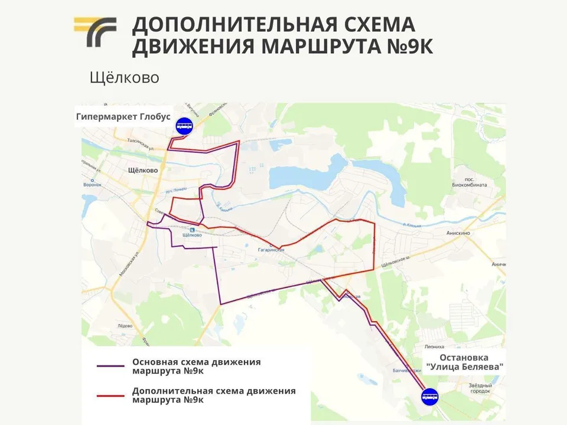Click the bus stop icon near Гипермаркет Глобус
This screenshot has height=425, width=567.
click(x=184, y=126)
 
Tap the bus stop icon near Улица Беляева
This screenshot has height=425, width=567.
click(x=429, y=396)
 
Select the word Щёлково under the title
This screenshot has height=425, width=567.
click(x=125, y=77)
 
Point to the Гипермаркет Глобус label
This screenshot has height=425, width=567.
click(x=123, y=116)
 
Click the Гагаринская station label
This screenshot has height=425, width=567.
click(x=271, y=250)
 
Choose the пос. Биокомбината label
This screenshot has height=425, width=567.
click(x=471, y=182)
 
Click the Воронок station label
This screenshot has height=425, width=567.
click(x=93, y=184)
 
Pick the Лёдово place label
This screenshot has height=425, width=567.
click(x=125, y=326)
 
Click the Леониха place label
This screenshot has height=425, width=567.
click(x=434, y=347)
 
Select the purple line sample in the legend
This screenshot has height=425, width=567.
click(x=110, y=366)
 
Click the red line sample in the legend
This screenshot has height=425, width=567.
click(x=110, y=395)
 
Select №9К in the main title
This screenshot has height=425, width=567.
click(x=407, y=46)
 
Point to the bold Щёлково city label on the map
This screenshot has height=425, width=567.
click(x=143, y=170)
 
